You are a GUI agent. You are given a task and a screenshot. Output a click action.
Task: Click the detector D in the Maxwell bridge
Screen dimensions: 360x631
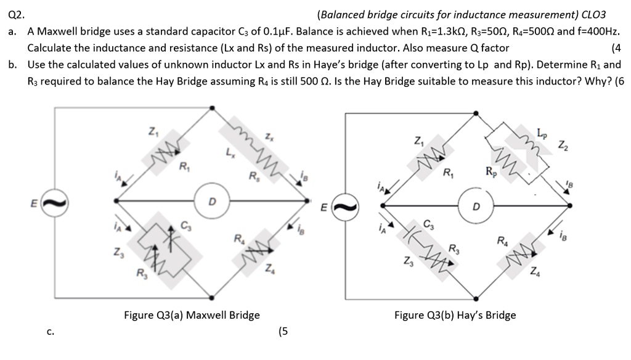coord(211,200)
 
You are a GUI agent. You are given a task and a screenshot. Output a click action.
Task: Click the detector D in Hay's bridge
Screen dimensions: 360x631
coord(476,207)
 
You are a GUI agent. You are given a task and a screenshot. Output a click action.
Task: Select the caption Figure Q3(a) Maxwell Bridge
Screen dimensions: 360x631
coord(192,315)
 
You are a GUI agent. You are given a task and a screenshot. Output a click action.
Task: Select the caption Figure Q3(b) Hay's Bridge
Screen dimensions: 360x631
coord(455,315)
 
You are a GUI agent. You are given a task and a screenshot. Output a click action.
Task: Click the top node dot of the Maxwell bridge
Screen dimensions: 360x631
coord(213,108)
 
